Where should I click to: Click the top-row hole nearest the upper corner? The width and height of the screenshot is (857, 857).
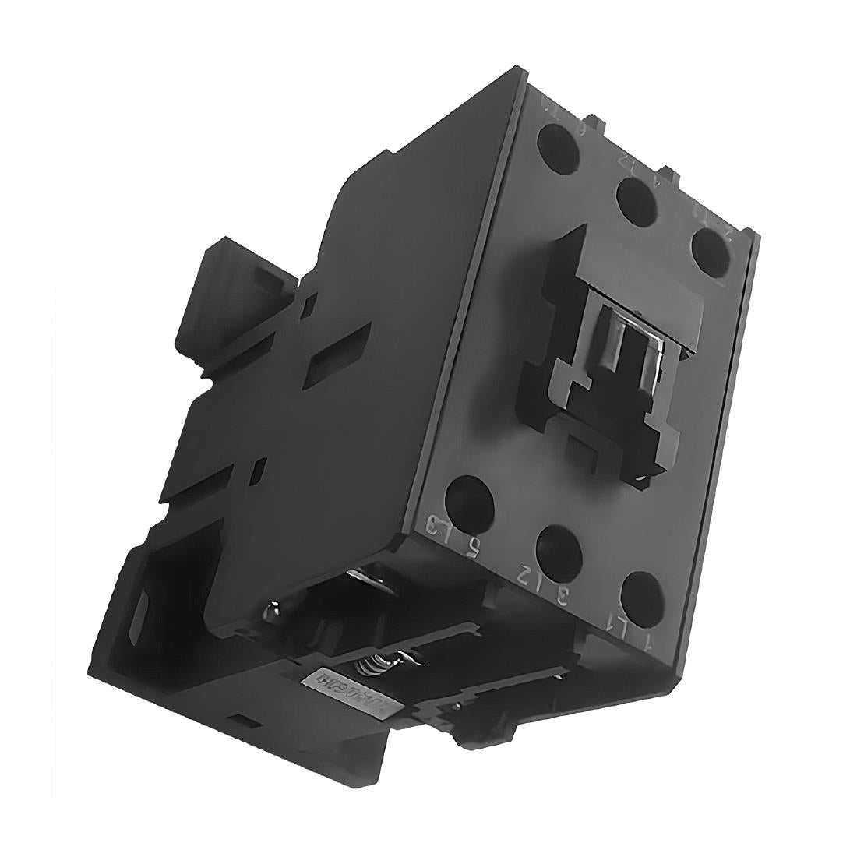pyautogui.click(x=556, y=143)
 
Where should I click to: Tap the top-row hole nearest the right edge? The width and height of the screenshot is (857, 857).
pyautogui.click(x=709, y=249)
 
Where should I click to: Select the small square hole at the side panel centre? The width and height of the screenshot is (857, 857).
pyautogui.click(x=260, y=471)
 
